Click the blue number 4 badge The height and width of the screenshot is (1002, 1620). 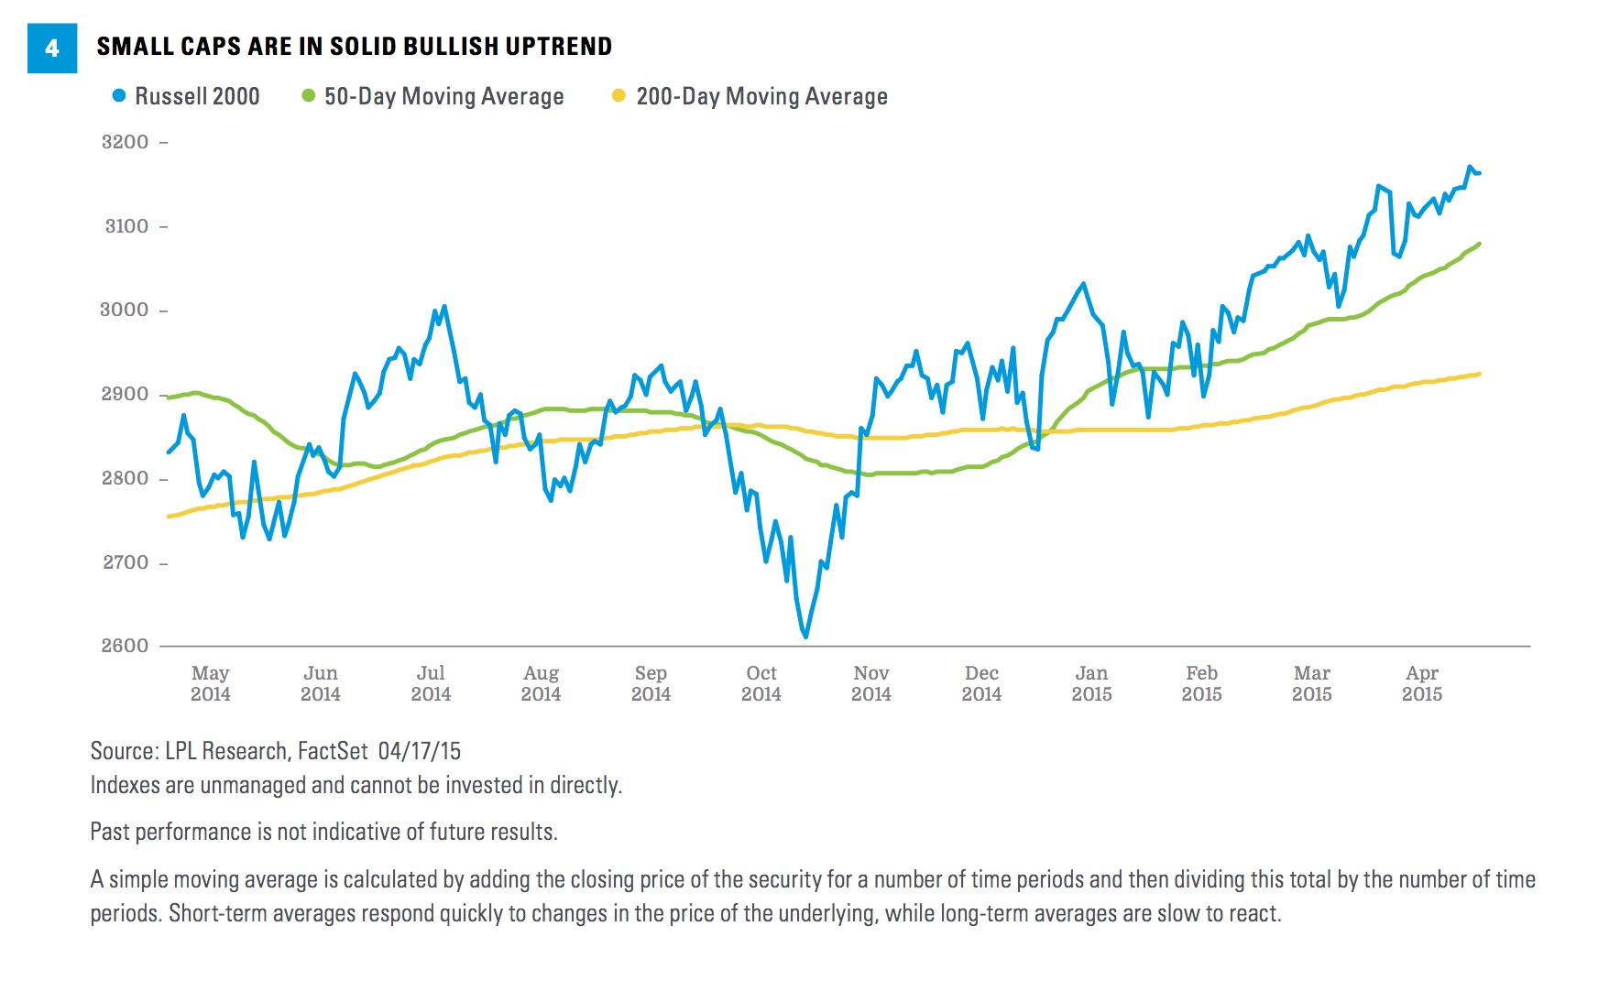click(52, 48)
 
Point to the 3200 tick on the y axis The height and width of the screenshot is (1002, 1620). click(126, 142)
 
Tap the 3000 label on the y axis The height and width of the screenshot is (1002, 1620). click(125, 310)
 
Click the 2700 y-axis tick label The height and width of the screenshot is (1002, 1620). click(126, 562)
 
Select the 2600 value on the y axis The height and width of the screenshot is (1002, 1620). click(125, 646)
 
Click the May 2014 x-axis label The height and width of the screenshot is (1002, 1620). click(210, 683)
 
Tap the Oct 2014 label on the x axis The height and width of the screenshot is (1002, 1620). click(761, 683)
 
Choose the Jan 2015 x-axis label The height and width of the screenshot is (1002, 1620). click(1091, 683)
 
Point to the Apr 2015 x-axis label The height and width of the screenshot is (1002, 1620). click(1421, 683)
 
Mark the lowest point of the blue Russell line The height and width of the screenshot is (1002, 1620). click(805, 637)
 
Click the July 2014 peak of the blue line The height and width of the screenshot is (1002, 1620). click(444, 307)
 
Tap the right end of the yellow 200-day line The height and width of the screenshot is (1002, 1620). click(1479, 374)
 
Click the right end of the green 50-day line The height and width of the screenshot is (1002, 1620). click(1479, 244)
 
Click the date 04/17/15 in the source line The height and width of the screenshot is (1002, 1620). click(419, 751)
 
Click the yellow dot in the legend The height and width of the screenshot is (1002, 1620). click(618, 95)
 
